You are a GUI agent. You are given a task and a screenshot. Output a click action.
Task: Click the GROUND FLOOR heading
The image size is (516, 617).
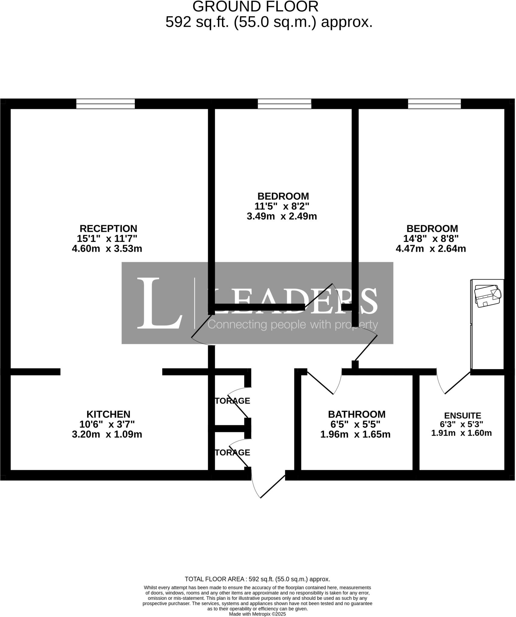255,7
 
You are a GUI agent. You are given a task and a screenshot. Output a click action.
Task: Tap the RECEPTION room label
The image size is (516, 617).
108,228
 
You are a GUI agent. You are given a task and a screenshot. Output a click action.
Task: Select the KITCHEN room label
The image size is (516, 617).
108,414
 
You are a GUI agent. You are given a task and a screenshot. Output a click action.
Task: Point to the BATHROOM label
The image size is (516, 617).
356,414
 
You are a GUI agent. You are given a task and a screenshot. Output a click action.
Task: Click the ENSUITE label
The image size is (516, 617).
462,415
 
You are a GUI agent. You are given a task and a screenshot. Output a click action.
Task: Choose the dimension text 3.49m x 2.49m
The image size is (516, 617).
282,216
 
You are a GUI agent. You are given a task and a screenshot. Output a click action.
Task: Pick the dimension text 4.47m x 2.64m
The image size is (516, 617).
431,249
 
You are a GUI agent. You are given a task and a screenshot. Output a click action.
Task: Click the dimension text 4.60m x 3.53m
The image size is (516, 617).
107,249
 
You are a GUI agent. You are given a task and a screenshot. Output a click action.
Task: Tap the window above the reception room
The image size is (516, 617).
105,104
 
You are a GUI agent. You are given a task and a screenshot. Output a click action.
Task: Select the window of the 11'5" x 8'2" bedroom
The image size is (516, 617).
284,104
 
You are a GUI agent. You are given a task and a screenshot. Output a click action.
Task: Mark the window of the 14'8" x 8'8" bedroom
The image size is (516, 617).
434,104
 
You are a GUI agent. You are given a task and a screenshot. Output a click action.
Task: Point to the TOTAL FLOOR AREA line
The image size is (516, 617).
257,579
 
